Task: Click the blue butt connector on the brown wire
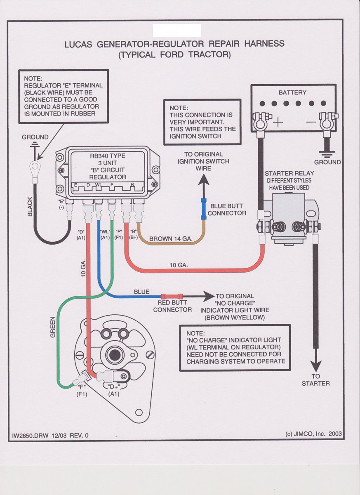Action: [204, 209]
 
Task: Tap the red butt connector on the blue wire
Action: [172, 296]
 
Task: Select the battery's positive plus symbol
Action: [279, 122]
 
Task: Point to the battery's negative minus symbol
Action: [311, 123]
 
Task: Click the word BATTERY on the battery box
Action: [292, 93]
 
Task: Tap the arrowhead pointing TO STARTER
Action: [316, 365]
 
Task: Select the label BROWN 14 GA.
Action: [169, 238]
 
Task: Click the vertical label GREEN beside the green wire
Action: [53, 327]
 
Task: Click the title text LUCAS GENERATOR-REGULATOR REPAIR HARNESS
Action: [174, 44]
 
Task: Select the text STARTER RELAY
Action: [288, 173]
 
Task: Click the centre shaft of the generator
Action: [112, 354]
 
